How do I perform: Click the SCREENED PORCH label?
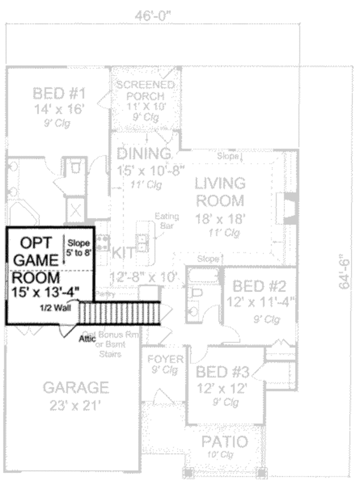pyautogui.click(x=145, y=90)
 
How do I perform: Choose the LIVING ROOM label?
pyautogui.click(x=220, y=191)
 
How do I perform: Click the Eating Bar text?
pyautogui.click(x=164, y=221)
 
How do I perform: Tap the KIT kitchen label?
pyautogui.click(x=123, y=254)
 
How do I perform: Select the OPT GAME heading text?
pyautogui.click(x=35, y=251)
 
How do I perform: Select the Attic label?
pyautogui.click(x=88, y=338)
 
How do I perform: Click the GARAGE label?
pyautogui.click(x=80, y=387)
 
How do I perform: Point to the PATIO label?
pyautogui.click(x=224, y=442)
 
